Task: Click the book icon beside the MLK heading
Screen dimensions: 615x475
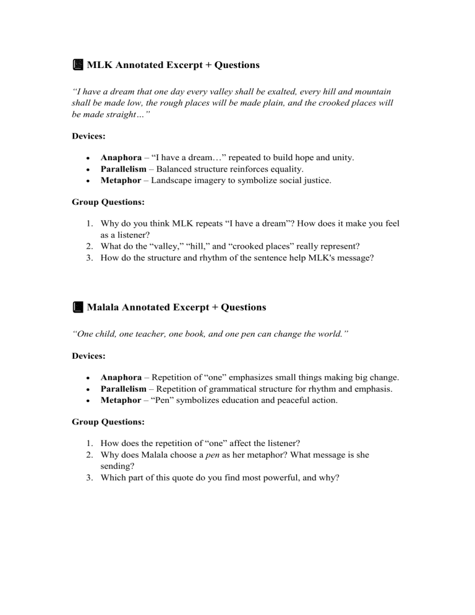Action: click(77, 65)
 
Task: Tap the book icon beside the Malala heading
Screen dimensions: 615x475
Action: click(77, 307)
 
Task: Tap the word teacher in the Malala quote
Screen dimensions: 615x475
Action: click(138, 334)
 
